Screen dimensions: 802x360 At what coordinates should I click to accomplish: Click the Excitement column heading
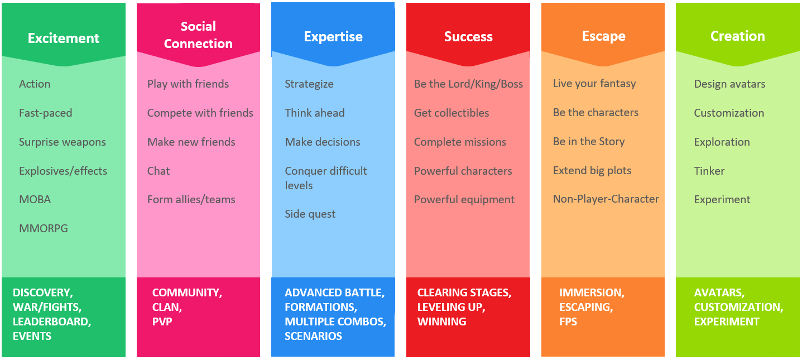click(64, 38)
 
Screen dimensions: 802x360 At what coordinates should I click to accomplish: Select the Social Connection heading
click(198, 35)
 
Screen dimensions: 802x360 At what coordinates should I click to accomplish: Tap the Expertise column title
click(333, 36)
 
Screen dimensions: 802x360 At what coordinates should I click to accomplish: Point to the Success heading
click(468, 36)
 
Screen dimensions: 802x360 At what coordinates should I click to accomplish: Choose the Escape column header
click(604, 36)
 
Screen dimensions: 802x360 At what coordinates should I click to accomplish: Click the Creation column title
click(738, 36)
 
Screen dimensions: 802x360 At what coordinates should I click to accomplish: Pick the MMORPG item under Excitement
click(44, 228)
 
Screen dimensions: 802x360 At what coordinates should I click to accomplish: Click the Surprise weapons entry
click(63, 142)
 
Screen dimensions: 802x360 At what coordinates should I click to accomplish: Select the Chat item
click(159, 171)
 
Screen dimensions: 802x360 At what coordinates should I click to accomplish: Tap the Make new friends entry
click(191, 142)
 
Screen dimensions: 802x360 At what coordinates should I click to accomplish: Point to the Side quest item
click(310, 214)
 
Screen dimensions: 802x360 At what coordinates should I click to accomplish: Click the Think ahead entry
click(315, 113)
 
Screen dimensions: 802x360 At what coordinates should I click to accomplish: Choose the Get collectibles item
click(452, 113)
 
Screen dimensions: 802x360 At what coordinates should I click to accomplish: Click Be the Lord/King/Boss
click(468, 84)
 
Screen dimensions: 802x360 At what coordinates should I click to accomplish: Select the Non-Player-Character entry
click(606, 199)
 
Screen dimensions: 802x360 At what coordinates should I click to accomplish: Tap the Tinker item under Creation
click(709, 171)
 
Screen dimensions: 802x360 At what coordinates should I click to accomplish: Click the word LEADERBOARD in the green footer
click(52, 321)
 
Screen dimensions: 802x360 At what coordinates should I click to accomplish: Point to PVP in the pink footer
click(162, 321)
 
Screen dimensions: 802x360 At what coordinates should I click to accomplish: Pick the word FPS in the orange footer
click(568, 321)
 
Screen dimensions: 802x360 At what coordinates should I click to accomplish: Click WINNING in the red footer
click(442, 321)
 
